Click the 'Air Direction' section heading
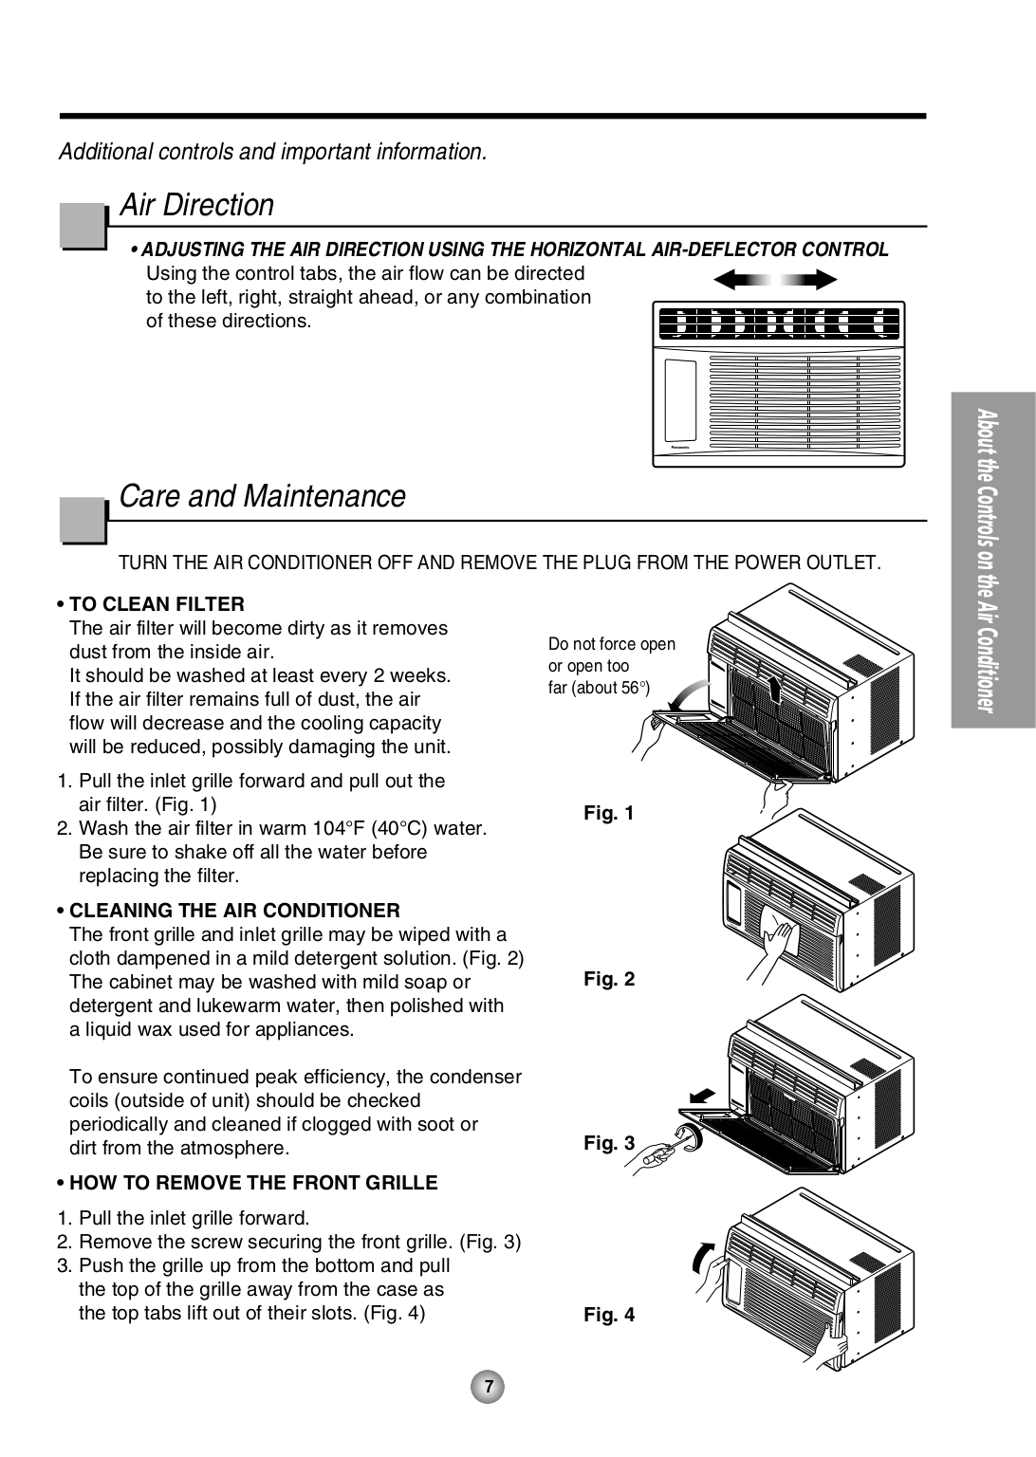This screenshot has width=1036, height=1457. tap(196, 205)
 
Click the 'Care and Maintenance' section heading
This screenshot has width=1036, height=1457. tap(262, 496)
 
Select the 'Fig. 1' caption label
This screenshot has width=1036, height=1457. tap(608, 813)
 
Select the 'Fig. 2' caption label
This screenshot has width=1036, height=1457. tap(608, 979)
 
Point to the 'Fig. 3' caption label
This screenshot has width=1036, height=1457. tap(608, 1143)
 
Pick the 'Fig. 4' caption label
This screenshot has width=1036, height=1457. tap(608, 1315)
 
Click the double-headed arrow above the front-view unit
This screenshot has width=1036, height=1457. tap(775, 279)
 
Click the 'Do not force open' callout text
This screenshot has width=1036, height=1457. tap(612, 644)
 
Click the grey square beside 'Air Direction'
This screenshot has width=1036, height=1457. tap(83, 226)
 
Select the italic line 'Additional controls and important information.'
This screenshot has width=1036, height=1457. tap(273, 152)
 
